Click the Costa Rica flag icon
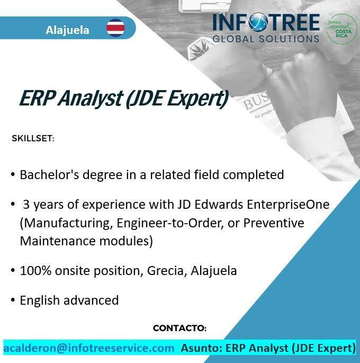pyautogui.click(x=115, y=28)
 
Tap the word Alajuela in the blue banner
pyautogui.click(x=67, y=30)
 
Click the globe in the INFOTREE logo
pyautogui.click(x=258, y=22)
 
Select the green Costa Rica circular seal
pyautogui.click(x=341, y=29)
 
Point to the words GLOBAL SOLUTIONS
pyautogui.click(x=266, y=39)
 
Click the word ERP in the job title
pyautogui.click(x=37, y=98)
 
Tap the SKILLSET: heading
pyautogui.click(x=33, y=138)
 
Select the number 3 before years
pyautogui.click(x=26, y=205)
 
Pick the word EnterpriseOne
pyautogui.click(x=288, y=205)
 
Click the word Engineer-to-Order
pyautogui.click(x=170, y=223)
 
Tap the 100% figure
pyautogui.click(x=35, y=270)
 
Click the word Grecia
pyautogui.click(x=167, y=270)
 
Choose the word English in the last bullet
pyautogui.click(x=40, y=300)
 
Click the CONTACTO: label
pyautogui.click(x=179, y=328)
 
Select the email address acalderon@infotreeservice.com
pyautogui.click(x=89, y=348)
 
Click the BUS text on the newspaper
pyautogui.click(x=256, y=101)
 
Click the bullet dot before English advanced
pyautogui.click(x=13, y=300)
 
